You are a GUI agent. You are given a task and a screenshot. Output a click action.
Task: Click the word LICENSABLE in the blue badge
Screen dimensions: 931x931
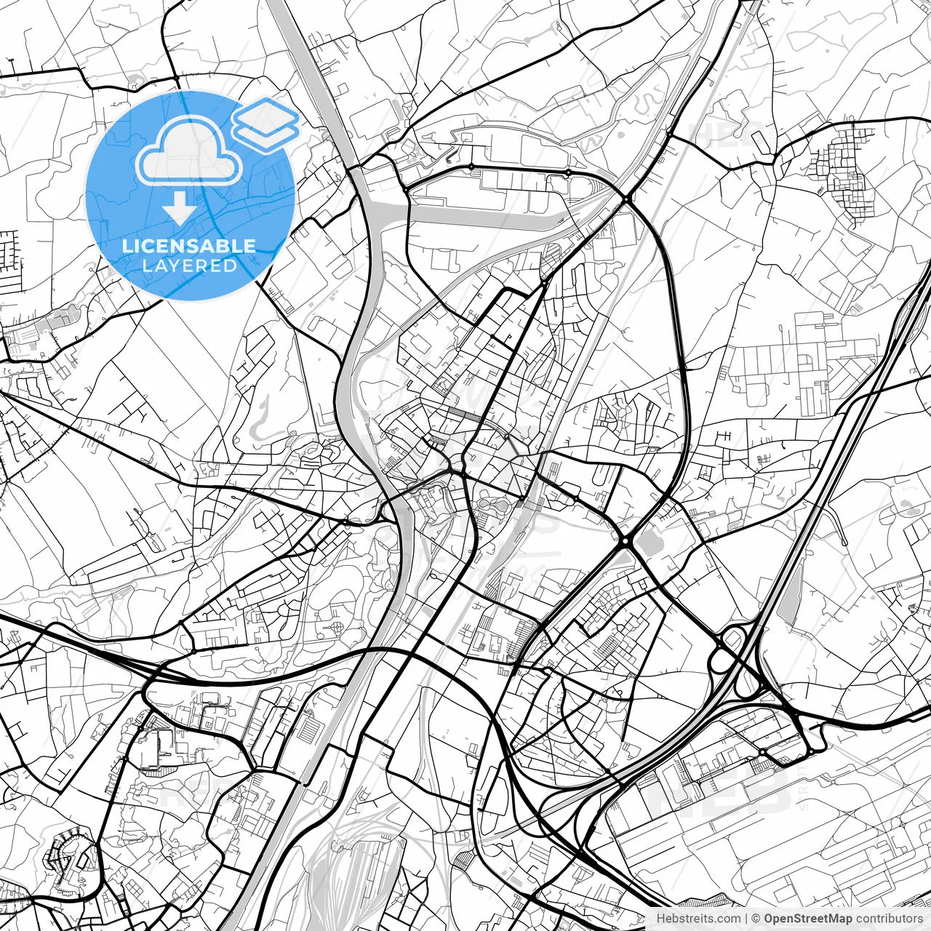[189, 246]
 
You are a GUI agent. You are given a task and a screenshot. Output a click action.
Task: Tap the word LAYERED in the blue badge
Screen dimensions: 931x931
[189, 265]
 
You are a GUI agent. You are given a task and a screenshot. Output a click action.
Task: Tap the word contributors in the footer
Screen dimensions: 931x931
[889, 919]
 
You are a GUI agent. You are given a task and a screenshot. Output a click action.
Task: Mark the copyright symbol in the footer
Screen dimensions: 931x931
[756, 919]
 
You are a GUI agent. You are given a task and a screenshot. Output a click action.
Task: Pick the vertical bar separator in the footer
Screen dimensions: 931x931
[746, 919]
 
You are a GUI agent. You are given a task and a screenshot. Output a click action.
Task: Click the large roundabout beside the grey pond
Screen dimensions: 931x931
[625, 541]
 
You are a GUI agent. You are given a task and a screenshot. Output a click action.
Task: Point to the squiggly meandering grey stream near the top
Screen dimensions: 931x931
[640, 102]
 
